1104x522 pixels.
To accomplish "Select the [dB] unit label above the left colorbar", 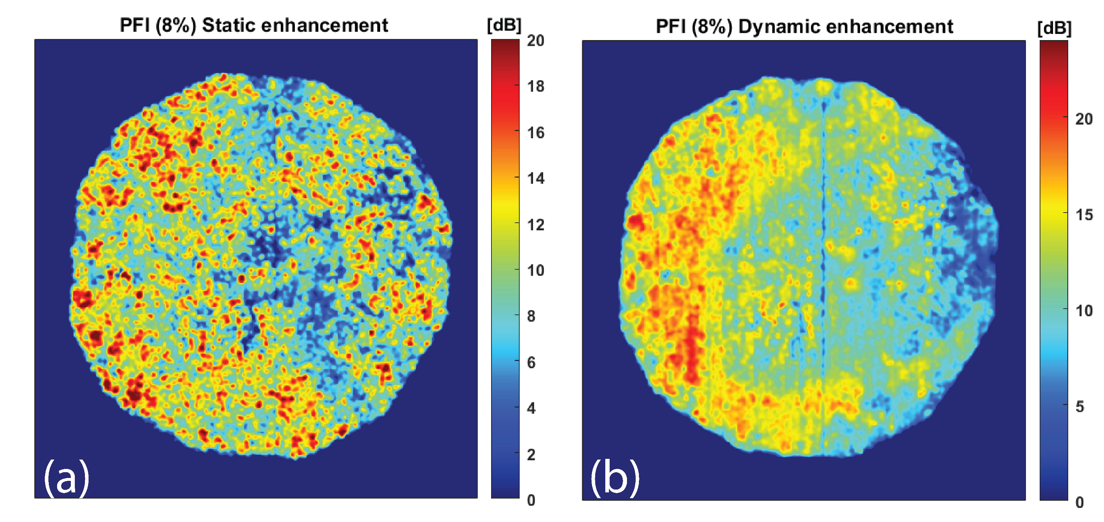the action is pos(504,25).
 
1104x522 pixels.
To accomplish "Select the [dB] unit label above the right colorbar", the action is pos(1054,28).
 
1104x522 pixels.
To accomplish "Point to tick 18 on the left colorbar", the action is pos(536,87).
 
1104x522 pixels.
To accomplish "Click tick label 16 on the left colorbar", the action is pos(536,133).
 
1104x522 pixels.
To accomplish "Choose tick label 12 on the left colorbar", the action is pos(536,225).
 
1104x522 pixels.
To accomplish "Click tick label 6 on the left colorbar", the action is pos(532,363).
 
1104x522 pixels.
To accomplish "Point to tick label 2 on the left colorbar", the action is pos(532,454).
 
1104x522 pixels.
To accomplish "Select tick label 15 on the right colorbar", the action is pos(1084,214).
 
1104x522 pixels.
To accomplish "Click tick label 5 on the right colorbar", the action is pos(1080,406).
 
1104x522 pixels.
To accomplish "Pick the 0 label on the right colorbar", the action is pos(1080,502).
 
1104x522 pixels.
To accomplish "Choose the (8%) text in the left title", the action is pos(176,25).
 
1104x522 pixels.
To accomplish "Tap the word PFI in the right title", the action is pos(671,27).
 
